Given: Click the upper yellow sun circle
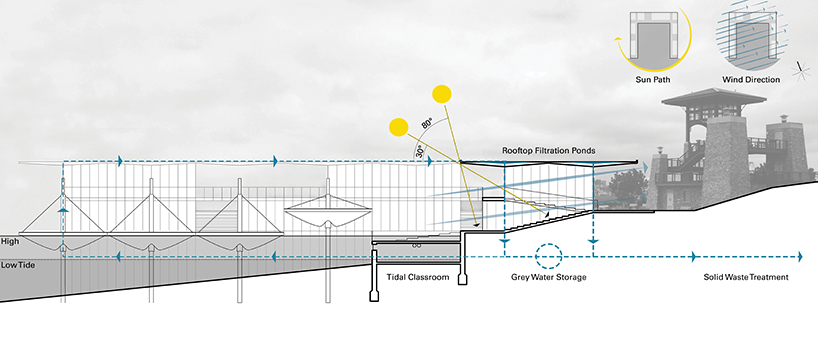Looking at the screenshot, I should (x=440, y=96).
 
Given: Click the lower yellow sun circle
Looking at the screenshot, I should (x=397, y=127).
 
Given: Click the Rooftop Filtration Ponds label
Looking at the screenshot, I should (x=549, y=151).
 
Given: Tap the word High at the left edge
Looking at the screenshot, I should (x=11, y=241).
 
